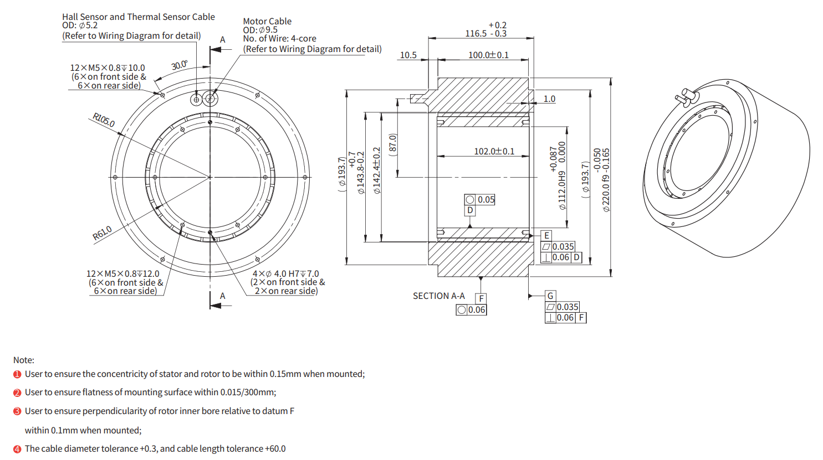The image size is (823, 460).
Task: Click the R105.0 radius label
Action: point(104,120)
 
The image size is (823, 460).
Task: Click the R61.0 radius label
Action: point(102,233)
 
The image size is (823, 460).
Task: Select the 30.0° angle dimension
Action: point(179,65)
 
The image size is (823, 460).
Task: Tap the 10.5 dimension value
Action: point(408,55)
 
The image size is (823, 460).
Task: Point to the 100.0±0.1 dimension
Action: point(488,55)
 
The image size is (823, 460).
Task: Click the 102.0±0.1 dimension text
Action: point(494,151)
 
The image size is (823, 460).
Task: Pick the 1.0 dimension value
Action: point(549,99)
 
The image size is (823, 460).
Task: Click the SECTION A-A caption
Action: point(438,296)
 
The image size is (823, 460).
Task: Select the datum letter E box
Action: point(546,236)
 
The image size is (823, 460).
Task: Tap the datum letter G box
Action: point(550,296)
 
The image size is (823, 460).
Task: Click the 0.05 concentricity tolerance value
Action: point(486,200)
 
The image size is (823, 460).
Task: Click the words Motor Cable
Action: point(267,21)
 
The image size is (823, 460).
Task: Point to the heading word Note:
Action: point(24,360)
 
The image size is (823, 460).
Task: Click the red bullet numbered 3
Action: point(17,411)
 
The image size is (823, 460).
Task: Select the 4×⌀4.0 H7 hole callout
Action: point(286,273)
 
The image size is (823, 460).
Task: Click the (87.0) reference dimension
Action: point(393,145)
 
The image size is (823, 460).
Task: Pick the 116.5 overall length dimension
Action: point(476,34)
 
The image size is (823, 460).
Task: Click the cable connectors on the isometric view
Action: point(685,97)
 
